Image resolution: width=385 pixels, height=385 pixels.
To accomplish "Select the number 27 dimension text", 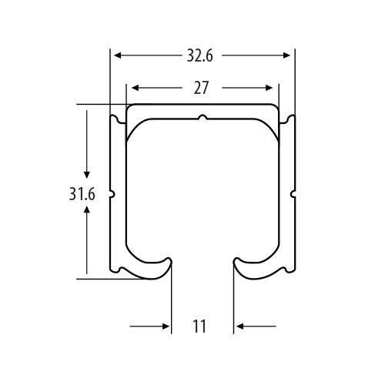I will tap(201, 88).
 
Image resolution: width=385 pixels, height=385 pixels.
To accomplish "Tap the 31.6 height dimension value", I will tap(81, 195).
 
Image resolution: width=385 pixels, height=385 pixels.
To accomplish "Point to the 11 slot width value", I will tap(200, 326).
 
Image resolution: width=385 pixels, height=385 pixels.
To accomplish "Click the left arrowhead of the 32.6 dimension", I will tap(116, 55).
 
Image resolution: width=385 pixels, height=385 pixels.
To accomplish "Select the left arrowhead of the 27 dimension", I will tap(133, 88).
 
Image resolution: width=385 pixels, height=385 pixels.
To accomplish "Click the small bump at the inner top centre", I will tap(202, 119).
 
